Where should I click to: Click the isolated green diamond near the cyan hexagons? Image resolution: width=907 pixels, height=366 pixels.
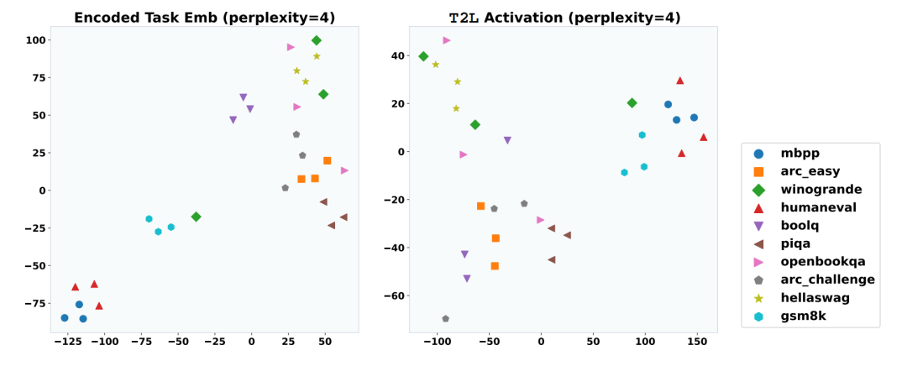pyautogui.click(x=196, y=217)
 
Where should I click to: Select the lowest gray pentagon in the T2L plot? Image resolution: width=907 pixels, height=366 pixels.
pyautogui.click(x=445, y=319)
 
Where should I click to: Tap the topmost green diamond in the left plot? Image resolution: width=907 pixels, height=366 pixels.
pyautogui.click(x=317, y=40)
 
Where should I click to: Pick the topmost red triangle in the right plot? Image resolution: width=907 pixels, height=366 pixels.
pyautogui.click(x=680, y=81)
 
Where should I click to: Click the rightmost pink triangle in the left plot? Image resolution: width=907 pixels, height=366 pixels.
pyautogui.click(x=344, y=170)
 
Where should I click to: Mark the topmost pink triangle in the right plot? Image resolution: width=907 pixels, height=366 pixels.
pyautogui.click(x=447, y=40)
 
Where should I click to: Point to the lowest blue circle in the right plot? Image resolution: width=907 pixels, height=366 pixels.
pyautogui.click(x=676, y=120)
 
